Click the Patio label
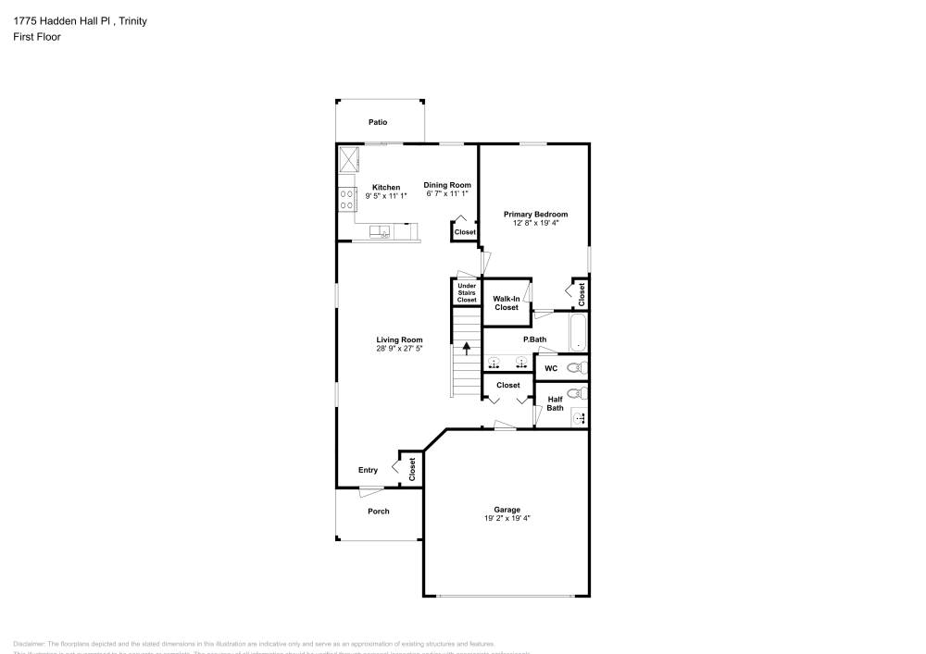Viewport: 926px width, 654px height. pos(377,122)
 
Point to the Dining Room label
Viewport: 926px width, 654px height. pos(448,185)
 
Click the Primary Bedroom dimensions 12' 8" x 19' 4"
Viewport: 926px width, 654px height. pos(536,223)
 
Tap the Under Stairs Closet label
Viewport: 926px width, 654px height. pos(467,292)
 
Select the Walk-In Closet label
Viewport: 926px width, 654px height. pos(506,303)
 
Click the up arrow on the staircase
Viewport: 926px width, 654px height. pos(467,349)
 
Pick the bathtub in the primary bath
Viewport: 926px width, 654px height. pos(578,333)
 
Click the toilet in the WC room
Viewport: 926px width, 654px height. pos(577,368)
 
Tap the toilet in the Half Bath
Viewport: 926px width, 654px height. pos(577,392)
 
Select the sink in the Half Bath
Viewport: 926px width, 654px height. pos(580,417)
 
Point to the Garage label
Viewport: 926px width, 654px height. pos(507,509)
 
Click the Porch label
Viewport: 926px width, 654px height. pos(378,511)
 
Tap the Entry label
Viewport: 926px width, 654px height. pos(368,470)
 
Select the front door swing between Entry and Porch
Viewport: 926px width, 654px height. pos(371,491)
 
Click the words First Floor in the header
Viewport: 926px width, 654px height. pos(37,37)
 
